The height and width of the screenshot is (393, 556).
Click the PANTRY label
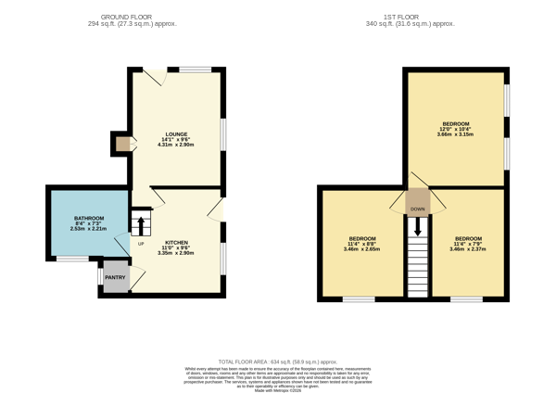115,277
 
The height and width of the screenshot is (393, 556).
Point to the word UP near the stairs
141,244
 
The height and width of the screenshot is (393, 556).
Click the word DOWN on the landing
418,209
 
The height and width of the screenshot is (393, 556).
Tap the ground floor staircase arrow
140,224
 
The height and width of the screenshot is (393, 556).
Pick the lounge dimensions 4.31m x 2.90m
176,145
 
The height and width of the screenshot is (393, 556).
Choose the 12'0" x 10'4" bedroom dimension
455,129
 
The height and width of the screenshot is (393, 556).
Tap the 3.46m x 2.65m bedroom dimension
361,248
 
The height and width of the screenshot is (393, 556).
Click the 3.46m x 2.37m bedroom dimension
468,248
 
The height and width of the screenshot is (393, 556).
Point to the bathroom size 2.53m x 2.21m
90,229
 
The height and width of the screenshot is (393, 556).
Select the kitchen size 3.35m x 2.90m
176,252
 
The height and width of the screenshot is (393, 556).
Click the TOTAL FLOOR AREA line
277,361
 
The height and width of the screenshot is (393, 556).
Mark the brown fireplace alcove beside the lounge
122,143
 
